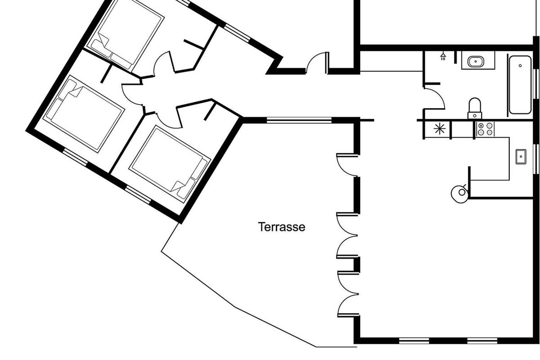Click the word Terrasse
click(x=282, y=227)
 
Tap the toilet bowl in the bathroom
click(x=475, y=105)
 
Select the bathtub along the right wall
click(x=520, y=85)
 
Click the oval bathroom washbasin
click(x=475, y=62)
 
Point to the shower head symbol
click(x=443, y=56)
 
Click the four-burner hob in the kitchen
click(x=485, y=129)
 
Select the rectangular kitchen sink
click(x=521, y=157)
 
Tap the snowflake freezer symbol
click(x=440, y=129)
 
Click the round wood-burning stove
click(x=460, y=193)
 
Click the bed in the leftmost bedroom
click(x=84, y=114)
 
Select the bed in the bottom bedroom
click(x=170, y=164)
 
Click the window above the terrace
click(x=299, y=120)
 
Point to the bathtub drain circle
click(x=520, y=66)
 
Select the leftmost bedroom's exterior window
click(x=76, y=157)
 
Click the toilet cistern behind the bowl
click(x=475, y=116)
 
